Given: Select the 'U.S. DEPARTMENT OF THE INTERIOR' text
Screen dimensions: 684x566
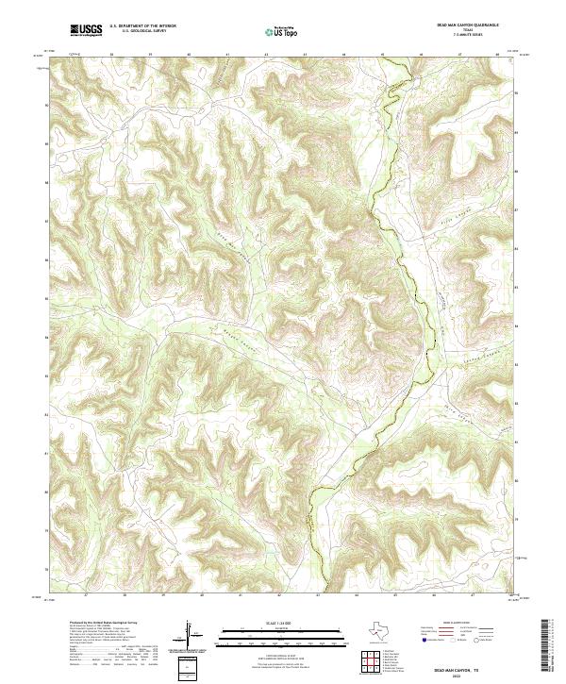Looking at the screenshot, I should pyautogui.click(x=142, y=26).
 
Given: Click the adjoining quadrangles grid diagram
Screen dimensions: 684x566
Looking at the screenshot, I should pyautogui.click(x=370, y=662).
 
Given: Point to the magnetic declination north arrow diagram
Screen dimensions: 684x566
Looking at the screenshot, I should pyautogui.click(x=188, y=633).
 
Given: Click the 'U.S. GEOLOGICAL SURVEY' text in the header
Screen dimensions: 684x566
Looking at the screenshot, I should pyautogui.click(x=142, y=32).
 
